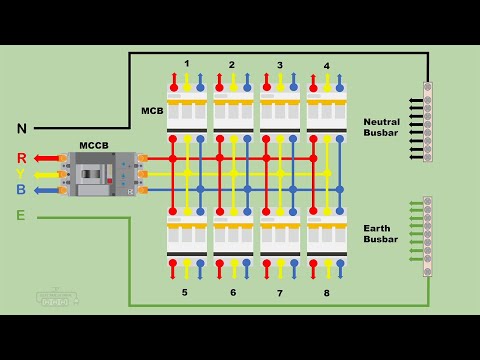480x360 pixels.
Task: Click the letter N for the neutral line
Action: [x=21, y=128]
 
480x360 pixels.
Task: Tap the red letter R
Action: [x=21, y=158]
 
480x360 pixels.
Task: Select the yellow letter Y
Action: [x=21, y=173]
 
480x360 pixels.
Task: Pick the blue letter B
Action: [x=21, y=189]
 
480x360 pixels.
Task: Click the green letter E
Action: [x=21, y=215]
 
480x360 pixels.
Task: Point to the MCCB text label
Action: [x=93, y=145]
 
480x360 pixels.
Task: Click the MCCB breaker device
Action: [x=100, y=174]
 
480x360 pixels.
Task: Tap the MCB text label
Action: [x=152, y=110]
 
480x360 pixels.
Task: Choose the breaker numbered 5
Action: [x=187, y=235]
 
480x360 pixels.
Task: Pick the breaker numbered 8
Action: [x=326, y=235]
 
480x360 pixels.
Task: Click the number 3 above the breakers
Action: [x=280, y=65]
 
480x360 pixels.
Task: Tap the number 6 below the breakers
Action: [x=233, y=293]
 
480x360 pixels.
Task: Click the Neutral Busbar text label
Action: [x=381, y=127]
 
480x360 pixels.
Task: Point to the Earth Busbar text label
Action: [x=381, y=233]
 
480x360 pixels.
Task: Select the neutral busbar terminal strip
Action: [x=427, y=122]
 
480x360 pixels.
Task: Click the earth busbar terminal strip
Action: [x=427, y=236]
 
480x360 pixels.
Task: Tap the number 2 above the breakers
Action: [x=232, y=65]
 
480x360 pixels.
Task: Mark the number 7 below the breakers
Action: [x=280, y=293]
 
